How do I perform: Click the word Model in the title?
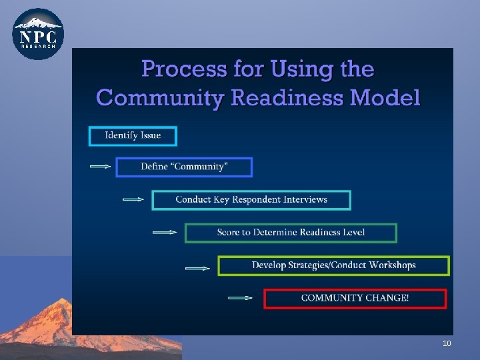point(385,98)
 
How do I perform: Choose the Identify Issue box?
point(133,135)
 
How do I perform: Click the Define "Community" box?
point(184,167)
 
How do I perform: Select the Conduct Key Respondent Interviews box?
point(251,199)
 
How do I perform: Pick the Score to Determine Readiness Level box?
point(291,232)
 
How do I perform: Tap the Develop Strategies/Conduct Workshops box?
point(333,265)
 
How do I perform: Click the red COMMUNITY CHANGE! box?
point(355,298)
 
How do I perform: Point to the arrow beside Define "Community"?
point(100,167)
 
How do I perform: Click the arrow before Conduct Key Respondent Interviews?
point(133,199)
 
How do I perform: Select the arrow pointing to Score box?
point(165,233)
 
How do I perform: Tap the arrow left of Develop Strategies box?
point(197,269)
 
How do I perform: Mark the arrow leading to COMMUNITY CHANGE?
point(240,298)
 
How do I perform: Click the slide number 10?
point(447,343)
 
